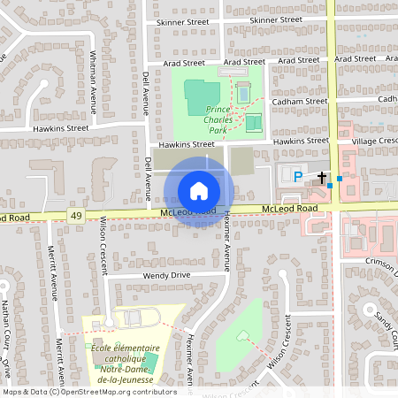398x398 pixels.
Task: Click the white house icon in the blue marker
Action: pyautogui.click(x=199, y=191)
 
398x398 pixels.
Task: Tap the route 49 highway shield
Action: pyautogui.click(x=77, y=216)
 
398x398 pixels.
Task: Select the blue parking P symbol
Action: pyautogui.click(x=298, y=177)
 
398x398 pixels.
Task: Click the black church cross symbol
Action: pyautogui.click(x=322, y=178)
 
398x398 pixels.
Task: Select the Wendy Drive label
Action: pyautogui.click(x=167, y=276)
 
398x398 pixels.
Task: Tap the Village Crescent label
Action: pyautogui.click(x=374, y=141)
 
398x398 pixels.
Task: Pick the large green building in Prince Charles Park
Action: pyautogui.click(x=203, y=96)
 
